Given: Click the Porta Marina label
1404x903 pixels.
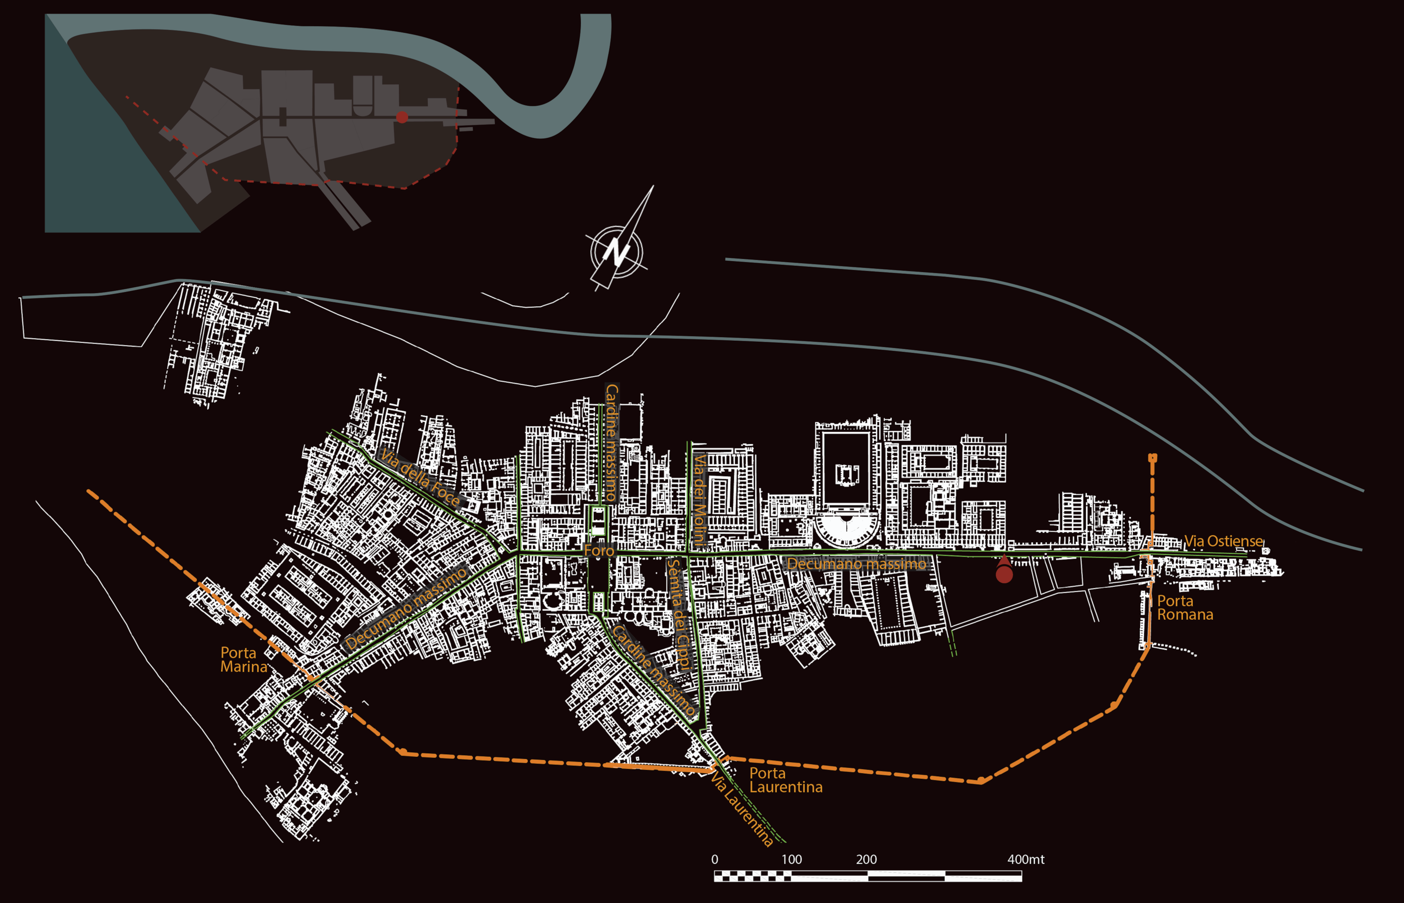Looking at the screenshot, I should pos(243,660).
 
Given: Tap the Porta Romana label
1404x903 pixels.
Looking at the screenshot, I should pos(1184,608).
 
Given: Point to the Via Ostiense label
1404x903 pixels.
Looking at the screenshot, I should pos(1223,541).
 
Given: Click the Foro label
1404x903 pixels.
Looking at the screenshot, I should pos(599,550).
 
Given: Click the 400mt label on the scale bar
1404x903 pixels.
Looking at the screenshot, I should pos(1025,859).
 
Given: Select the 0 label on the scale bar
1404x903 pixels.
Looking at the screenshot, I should pos(715,859).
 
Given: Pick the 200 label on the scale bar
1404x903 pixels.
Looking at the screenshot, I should pos(866,859).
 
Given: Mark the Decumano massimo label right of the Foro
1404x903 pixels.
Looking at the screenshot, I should pos(856,564).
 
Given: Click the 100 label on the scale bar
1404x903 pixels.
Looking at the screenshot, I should pos(791,859).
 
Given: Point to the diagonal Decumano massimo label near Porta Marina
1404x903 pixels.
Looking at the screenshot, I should pos(406,608).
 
